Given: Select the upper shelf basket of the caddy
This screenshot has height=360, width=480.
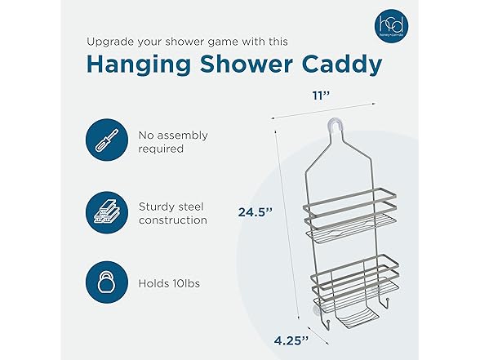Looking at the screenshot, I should point(351,216).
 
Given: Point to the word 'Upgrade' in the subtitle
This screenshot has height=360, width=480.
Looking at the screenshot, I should point(112,39).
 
